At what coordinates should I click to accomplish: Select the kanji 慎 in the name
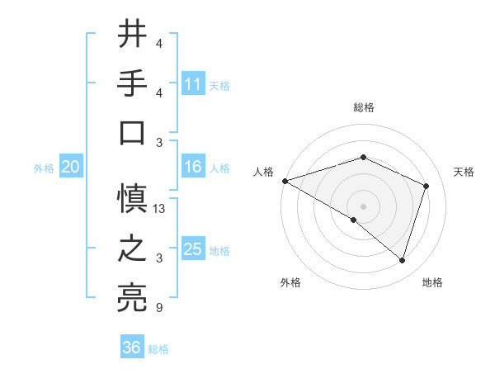tap(132, 199)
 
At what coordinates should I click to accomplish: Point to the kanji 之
tap(132, 249)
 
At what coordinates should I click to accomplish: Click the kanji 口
tap(132, 133)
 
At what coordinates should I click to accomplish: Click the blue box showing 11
tap(193, 83)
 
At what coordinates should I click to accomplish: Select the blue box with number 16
tap(193, 167)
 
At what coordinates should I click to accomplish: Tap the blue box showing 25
tap(193, 249)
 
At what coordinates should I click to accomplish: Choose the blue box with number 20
tap(70, 167)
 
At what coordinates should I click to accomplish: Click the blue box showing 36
tap(132, 348)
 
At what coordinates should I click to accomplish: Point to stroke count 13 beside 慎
tap(160, 209)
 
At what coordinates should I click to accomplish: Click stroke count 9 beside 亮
tap(158, 309)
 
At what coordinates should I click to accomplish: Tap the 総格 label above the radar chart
tap(363, 107)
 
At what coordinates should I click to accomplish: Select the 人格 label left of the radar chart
tap(263, 172)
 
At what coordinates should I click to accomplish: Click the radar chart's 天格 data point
tap(426, 186)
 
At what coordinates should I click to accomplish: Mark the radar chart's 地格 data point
tap(402, 260)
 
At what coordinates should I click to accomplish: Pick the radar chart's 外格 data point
tap(354, 220)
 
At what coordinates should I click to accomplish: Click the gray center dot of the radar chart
tap(363, 206)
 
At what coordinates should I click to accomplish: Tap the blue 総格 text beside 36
tap(158, 348)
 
